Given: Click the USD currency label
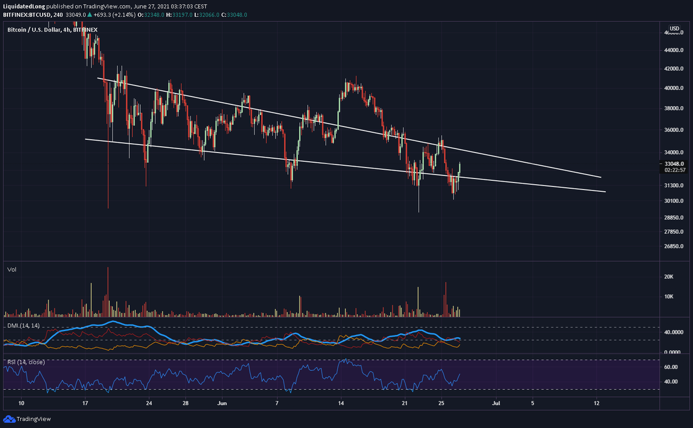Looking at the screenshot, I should point(674,28).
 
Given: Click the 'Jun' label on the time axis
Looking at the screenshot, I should point(221,403).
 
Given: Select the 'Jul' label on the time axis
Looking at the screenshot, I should point(495,403).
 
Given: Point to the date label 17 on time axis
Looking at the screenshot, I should point(85,403).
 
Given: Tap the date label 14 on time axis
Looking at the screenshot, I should point(341,403).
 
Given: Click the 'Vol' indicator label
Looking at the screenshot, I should point(11,270).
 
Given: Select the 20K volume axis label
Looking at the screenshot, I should point(669,277).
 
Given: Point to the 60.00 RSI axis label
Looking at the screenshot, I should point(670,367).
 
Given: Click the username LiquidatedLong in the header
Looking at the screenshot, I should point(23,6).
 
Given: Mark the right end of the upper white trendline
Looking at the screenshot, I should point(601,177).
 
